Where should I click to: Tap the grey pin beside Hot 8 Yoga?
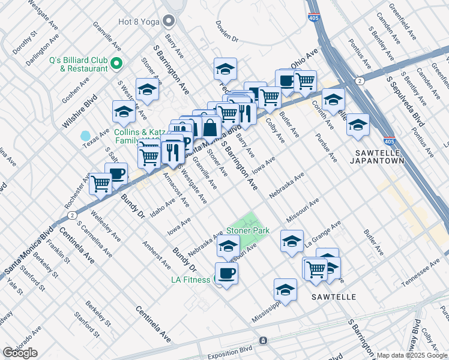[x=169, y=22]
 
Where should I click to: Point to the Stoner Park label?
[x=247, y=230]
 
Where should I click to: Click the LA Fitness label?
[x=190, y=280]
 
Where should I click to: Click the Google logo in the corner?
[x=20, y=353]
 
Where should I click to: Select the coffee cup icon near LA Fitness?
[x=226, y=273]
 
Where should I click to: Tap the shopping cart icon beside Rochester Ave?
[x=100, y=184]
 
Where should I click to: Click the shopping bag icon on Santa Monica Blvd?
[x=211, y=127]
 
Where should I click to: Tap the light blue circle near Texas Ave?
[x=85, y=136]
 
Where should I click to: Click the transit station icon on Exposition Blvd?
[x=262, y=341]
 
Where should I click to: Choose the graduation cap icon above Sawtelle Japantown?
[x=358, y=125]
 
